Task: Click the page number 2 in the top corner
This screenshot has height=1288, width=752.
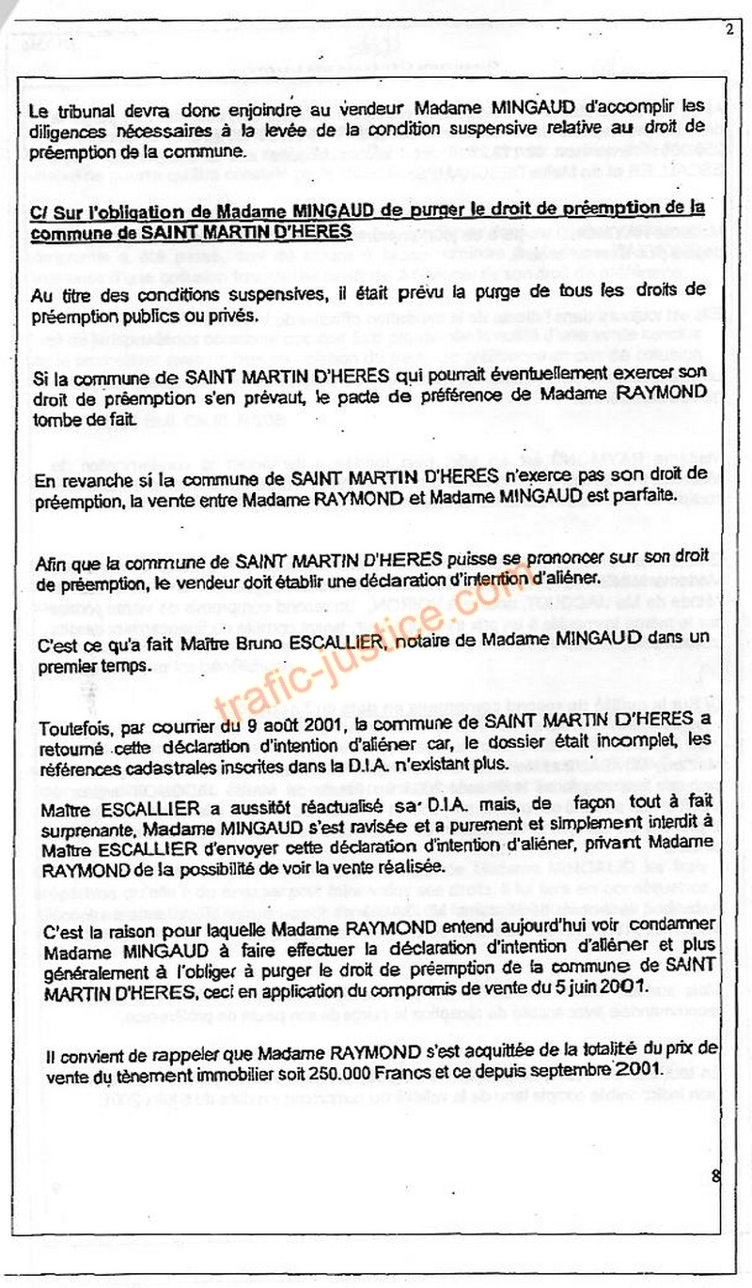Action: point(728,29)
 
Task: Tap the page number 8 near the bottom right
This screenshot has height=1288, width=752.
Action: point(716,1174)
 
